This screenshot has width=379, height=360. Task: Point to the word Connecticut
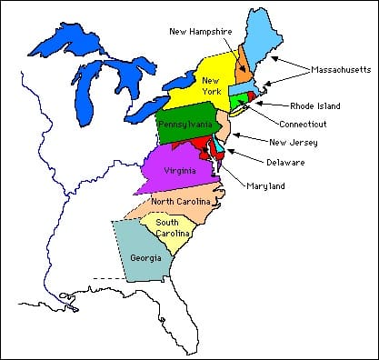point(303,123)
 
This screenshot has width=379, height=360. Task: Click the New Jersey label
point(292,141)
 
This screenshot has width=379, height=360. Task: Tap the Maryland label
point(265,186)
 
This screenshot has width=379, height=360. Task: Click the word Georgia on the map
point(145,257)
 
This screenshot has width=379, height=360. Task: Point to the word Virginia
point(178,171)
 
